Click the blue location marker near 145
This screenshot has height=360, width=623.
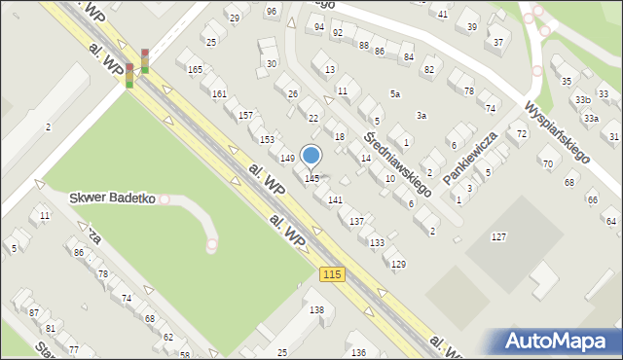tap(311, 156)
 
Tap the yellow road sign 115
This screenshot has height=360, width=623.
tap(332, 275)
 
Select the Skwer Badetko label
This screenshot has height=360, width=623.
tap(113, 198)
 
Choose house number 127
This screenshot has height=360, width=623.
tap(499, 237)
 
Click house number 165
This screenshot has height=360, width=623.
tap(195, 69)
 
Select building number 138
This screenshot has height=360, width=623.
tap(316, 309)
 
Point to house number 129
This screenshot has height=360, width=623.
tap(397, 264)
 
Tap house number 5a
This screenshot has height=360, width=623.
tap(394, 93)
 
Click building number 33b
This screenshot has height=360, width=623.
tap(582, 99)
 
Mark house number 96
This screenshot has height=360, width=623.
tap(271, 11)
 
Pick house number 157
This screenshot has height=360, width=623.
tap(246, 115)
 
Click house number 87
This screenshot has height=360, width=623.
tap(34, 312)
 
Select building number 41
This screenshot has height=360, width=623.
tap(443, 14)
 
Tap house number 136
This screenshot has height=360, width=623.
tap(358, 351)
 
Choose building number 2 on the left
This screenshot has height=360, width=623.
tap(48, 127)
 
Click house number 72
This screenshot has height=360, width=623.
tap(522, 132)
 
